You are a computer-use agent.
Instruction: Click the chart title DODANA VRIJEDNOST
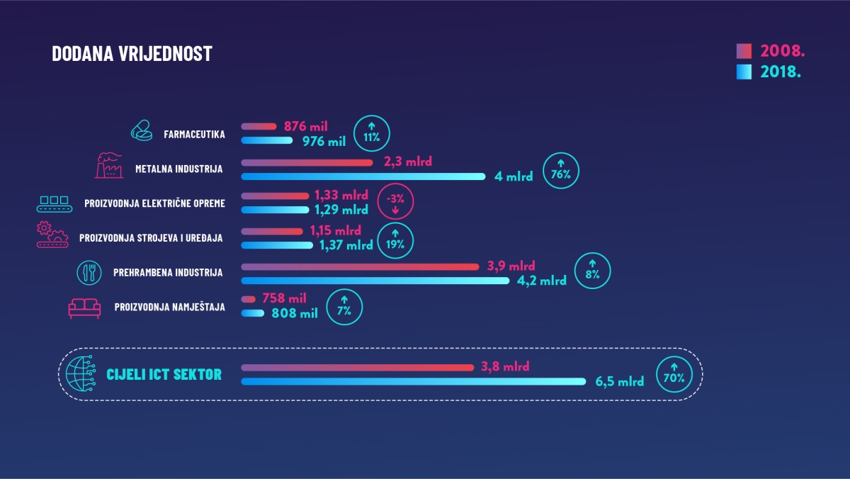click(132, 54)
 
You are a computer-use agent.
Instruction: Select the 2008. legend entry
click(773, 52)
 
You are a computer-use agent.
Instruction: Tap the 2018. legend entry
click(773, 72)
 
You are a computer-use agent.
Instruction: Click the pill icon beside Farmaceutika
click(141, 131)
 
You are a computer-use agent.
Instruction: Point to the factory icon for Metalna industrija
click(108, 166)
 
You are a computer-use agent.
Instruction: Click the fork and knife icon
click(89, 272)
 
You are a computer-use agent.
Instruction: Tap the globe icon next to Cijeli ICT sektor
click(80, 373)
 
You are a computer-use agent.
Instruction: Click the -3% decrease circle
click(395, 204)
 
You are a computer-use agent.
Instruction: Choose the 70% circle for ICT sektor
click(674, 376)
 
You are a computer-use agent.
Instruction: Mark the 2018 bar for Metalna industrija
click(363, 176)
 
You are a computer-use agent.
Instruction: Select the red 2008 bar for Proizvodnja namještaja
click(248, 299)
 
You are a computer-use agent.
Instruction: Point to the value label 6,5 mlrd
click(620, 381)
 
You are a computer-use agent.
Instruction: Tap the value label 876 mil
click(306, 126)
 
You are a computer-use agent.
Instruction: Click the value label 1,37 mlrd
click(346, 245)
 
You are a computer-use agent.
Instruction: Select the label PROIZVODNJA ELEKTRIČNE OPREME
click(154, 203)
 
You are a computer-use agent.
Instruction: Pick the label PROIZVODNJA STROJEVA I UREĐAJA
click(151, 238)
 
